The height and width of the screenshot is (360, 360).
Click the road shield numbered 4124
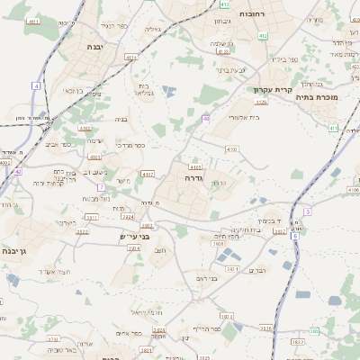pos(131,57)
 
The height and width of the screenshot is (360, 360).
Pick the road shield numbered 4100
pos(232,148)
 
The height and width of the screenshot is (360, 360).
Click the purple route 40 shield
pos(206,118)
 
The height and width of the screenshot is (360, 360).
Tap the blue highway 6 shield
pos(294,236)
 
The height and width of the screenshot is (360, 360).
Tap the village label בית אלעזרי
pos(244,117)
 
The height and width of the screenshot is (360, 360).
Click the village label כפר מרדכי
pos(130,145)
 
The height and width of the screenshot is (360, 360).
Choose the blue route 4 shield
pos(37,85)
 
